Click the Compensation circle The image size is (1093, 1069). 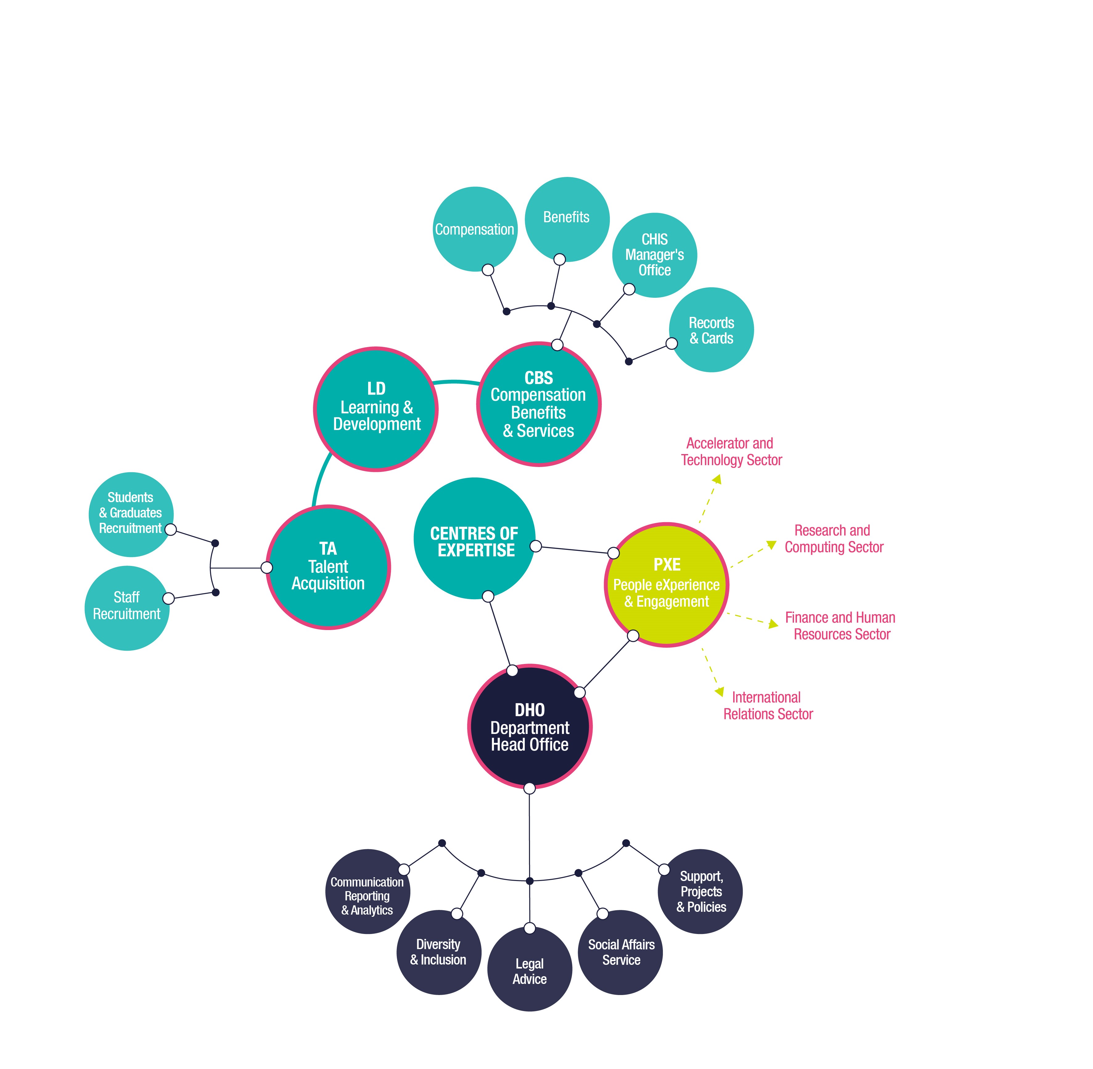pyautogui.click(x=475, y=229)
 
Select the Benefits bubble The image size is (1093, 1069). pyautogui.click(x=567, y=219)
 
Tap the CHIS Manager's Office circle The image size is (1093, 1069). pyautogui.click(x=654, y=255)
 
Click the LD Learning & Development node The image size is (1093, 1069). pyautogui.click(x=376, y=409)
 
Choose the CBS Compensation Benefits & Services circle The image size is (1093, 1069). pyautogui.click(x=539, y=404)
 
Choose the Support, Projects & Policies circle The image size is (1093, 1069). pyautogui.click(x=701, y=891)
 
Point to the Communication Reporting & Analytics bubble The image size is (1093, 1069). pyautogui.click(x=367, y=891)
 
